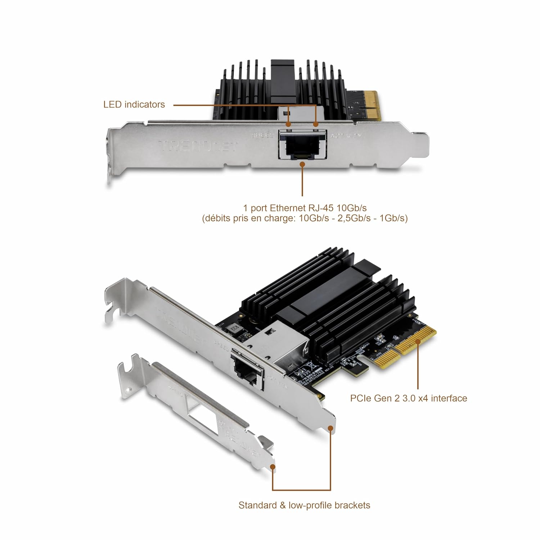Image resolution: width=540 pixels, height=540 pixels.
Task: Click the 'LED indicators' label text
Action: [134, 105]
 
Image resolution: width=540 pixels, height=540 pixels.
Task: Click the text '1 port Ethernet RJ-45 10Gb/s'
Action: [305, 208]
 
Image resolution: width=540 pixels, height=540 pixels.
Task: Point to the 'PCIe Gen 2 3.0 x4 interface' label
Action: [408, 399]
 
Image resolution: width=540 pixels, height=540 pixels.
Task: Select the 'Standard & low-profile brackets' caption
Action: [304, 505]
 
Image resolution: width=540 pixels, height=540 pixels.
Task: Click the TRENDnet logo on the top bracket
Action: [198, 146]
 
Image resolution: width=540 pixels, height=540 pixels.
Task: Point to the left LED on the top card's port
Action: [288, 125]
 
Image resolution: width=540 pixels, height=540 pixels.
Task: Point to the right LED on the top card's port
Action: [316, 125]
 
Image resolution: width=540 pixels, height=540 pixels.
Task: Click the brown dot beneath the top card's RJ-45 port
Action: [302, 164]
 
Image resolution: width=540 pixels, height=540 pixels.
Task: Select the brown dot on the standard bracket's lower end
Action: [330, 427]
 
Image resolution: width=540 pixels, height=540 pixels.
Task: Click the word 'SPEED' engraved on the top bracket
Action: [262, 136]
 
